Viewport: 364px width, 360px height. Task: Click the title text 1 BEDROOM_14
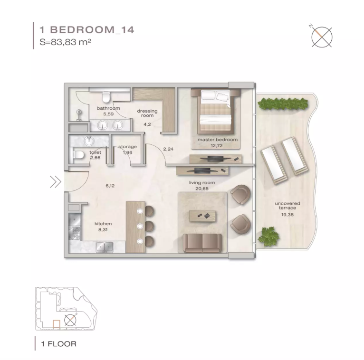(x=87, y=30)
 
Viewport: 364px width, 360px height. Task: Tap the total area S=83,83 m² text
(x=65, y=42)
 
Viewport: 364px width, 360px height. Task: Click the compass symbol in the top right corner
(x=321, y=37)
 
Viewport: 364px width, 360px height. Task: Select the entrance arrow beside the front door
(x=56, y=181)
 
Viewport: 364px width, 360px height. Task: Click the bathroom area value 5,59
(x=108, y=114)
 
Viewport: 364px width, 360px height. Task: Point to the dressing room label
(x=147, y=113)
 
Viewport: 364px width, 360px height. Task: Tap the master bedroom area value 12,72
(x=216, y=146)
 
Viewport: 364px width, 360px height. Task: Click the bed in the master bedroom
(x=215, y=111)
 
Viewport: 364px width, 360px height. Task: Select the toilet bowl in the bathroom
(x=106, y=97)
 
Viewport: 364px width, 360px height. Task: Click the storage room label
(x=127, y=147)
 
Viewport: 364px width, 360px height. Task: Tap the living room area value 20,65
(x=202, y=189)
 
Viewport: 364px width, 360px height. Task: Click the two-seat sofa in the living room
(x=202, y=243)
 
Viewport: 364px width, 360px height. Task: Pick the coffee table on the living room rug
(x=202, y=216)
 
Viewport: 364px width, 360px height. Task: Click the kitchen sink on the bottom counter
(x=105, y=247)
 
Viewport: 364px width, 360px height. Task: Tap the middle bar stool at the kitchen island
(x=149, y=226)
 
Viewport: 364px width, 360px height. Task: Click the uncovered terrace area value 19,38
(x=287, y=215)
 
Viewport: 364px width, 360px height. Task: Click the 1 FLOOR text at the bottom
(x=59, y=343)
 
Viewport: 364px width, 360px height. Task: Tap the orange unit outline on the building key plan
(x=57, y=324)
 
